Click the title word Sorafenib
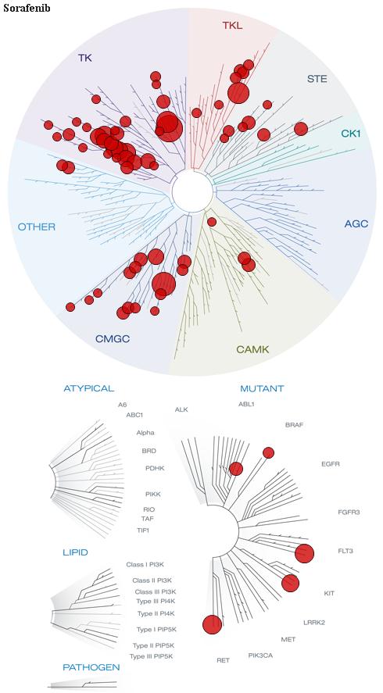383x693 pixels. pyautogui.click(x=27, y=9)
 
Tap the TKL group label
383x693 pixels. pyautogui.click(x=233, y=26)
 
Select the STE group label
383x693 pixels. pyautogui.click(x=317, y=79)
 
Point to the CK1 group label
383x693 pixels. pyautogui.click(x=351, y=133)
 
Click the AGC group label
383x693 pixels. pyautogui.click(x=356, y=224)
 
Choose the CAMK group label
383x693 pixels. pyautogui.click(x=252, y=350)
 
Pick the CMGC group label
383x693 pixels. pyautogui.click(x=113, y=339)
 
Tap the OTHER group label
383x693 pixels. pyautogui.click(x=37, y=227)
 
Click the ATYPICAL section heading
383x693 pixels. pyautogui.click(x=89, y=388)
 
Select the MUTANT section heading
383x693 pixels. pyautogui.click(x=262, y=389)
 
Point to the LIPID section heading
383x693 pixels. pyautogui.click(x=75, y=552)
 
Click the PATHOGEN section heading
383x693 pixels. pyautogui.click(x=91, y=667)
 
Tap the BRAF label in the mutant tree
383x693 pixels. pyautogui.click(x=295, y=425)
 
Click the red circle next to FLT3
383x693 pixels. pyautogui.click(x=304, y=554)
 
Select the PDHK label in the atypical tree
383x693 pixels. pyautogui.click(x=155, y=468)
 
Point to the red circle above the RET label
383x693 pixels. pyautogui.click(x=213, y=624)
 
